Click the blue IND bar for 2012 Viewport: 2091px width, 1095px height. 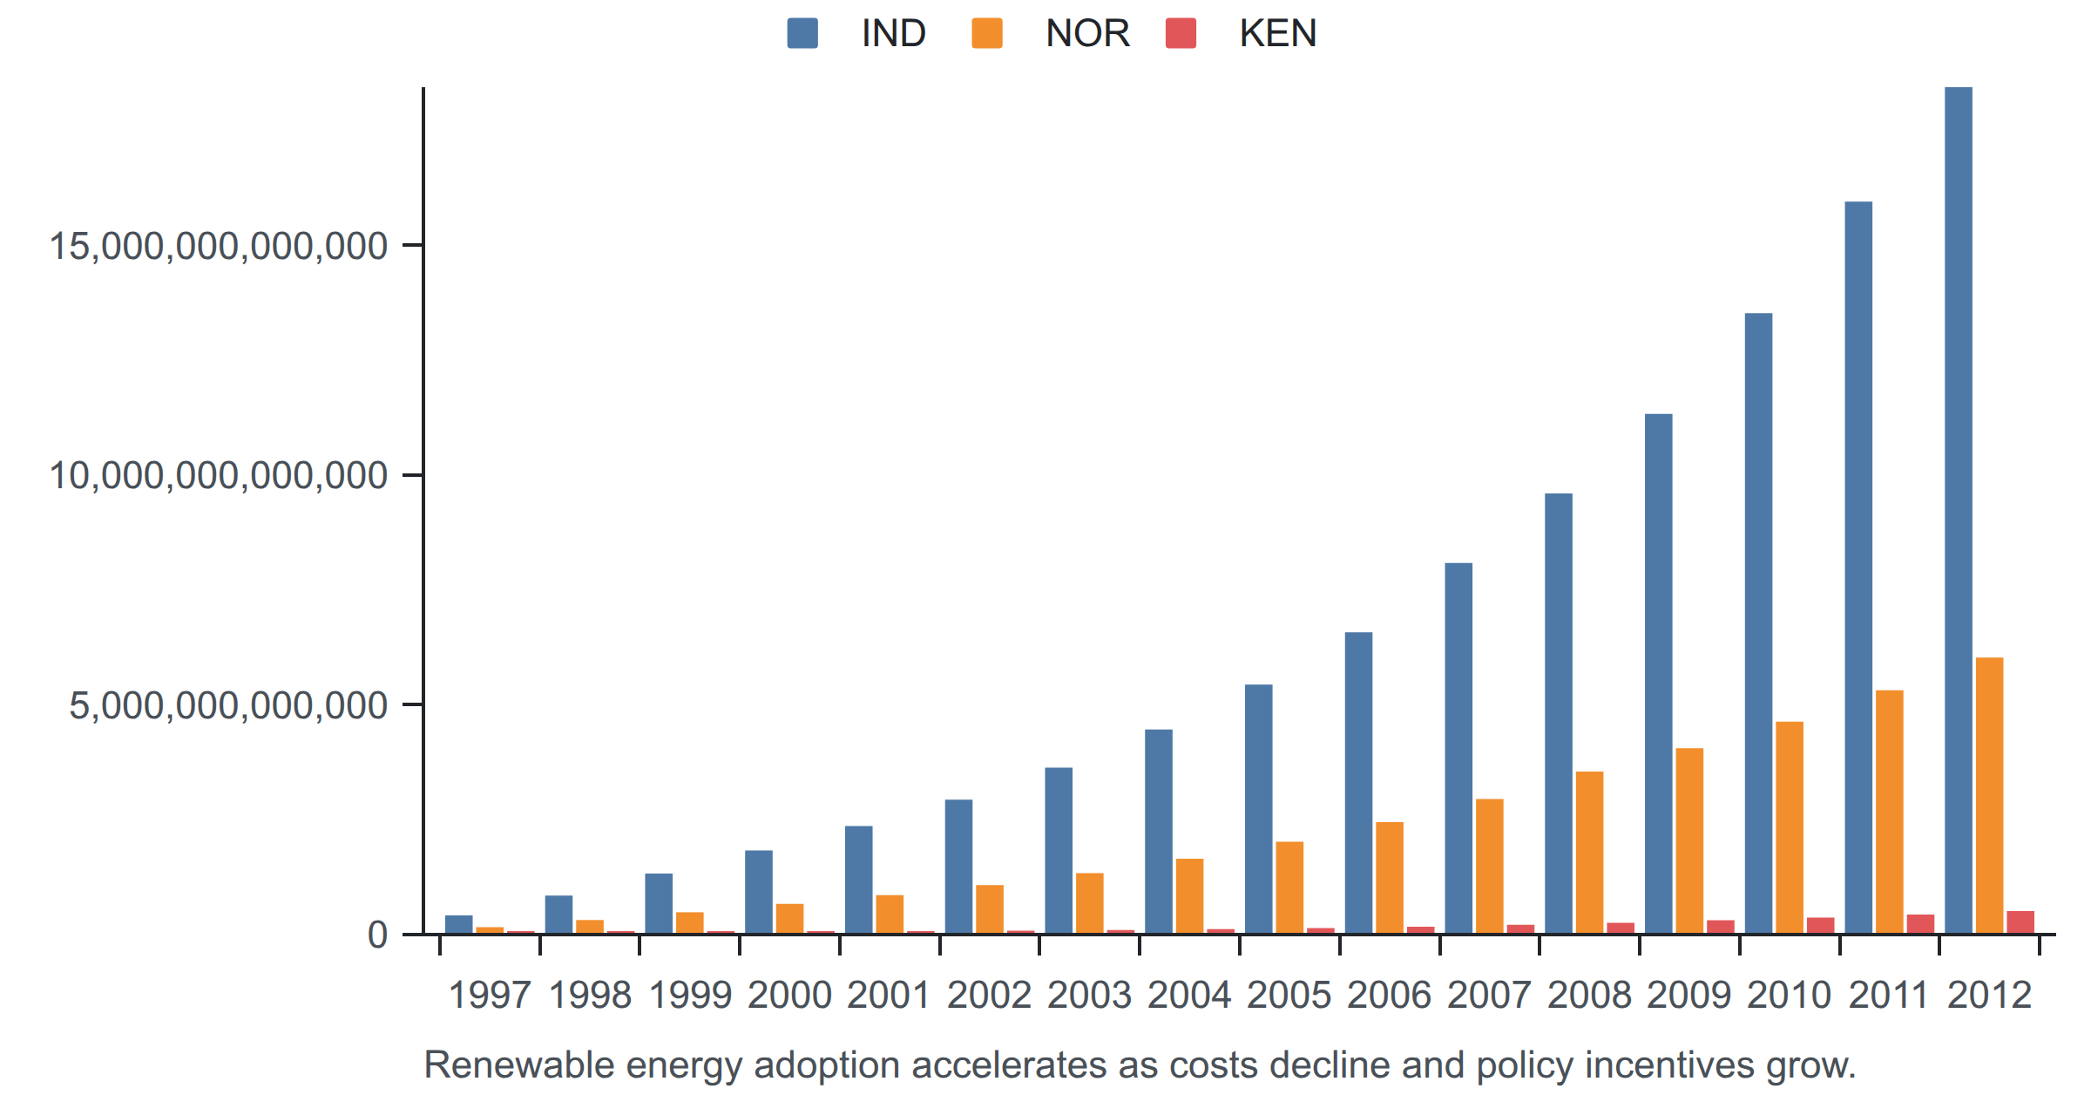coord(1959,510)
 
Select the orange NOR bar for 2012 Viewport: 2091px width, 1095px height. coord(1990,796)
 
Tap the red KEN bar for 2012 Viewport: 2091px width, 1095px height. coord(2020,922)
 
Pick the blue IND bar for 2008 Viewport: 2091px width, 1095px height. coord(1559,713)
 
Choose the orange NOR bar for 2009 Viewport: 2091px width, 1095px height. coord(1689,840)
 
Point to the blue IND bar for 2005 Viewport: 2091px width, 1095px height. coord(1259,809)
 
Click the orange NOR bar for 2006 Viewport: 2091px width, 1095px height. coord(1390,878)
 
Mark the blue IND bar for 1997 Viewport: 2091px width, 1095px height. coord(459,924)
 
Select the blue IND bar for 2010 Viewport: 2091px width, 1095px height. coord(1758,623)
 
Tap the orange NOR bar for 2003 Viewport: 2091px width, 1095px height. coord(1090,903)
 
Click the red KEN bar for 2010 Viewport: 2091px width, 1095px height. coord(1821,926)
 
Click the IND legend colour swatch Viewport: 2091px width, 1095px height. coord(802,33)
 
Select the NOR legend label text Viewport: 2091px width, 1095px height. coord(1087,33)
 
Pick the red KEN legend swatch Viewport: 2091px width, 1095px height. coord(1181,33)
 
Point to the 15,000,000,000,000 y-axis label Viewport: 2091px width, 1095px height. coord(219,246)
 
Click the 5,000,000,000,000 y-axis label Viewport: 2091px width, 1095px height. coord(228,705)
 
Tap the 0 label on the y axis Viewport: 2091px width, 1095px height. coord(377,935)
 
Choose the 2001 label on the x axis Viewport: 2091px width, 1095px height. coord(889,995)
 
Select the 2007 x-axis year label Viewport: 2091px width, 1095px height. coord(1489,995)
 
